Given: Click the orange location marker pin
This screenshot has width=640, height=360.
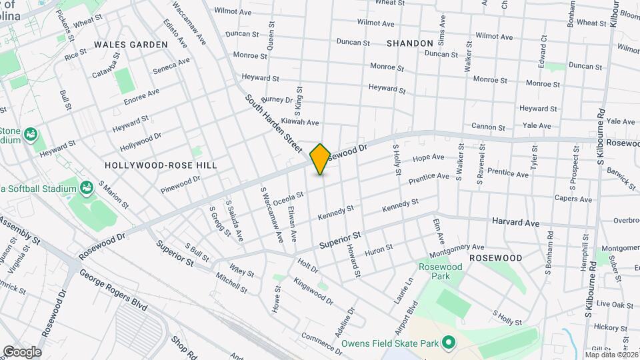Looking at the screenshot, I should [x=321, y=159].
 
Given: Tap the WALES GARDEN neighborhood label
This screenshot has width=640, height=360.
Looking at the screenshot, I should [x=131, y=44].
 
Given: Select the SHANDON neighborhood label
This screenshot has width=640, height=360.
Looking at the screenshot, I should [x=409, y=43].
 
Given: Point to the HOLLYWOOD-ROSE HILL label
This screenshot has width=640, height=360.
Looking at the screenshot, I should [x=161, y=164].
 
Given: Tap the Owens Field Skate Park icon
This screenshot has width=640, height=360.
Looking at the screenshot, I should [x=449, y=343].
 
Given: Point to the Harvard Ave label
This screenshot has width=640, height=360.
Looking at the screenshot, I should [x=515, y=221].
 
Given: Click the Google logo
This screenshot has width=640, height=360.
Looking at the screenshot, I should [x=22, y=351].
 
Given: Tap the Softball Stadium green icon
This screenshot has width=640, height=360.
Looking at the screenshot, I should [x=86, y=188].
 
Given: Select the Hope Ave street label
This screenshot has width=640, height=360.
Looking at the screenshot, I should [x=428, y=158].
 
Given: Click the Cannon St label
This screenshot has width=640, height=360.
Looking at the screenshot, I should [x=490, y=126].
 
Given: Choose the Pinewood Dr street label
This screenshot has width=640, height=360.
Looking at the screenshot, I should [x=180, y=184].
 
